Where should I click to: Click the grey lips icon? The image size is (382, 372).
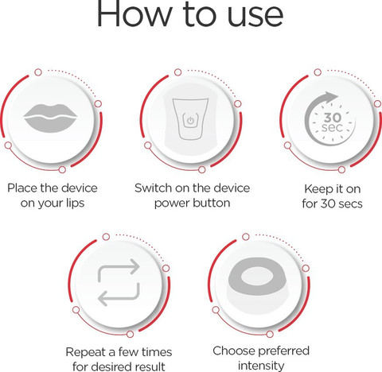(x=50, y=118)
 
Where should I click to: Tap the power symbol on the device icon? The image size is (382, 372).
(x=190, y=121)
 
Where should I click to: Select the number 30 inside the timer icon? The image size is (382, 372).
(x=333, y=117)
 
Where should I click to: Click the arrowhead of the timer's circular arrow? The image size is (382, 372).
(x=331, y=97)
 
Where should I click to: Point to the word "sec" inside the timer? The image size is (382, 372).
(x=332, y=127)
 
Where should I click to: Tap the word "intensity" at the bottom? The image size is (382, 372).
(x=261, y=366)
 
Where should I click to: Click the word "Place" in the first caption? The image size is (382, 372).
(x=22, y=188)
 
